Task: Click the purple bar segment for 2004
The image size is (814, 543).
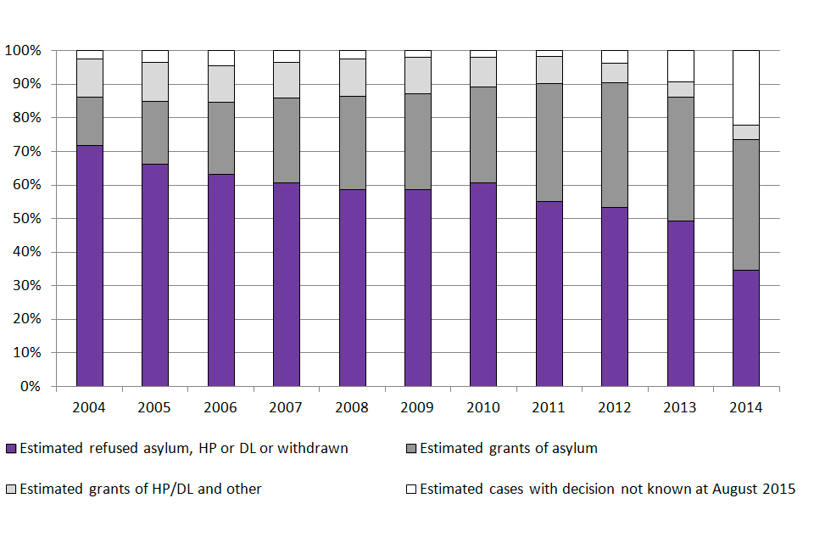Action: point(89,266)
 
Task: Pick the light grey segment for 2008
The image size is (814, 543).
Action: point(352,77)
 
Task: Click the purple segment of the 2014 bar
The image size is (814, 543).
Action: point(745,327)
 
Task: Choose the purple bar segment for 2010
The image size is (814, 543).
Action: point(483,284)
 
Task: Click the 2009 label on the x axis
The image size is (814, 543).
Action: point(417,407)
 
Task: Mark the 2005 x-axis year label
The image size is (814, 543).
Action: point(154,407)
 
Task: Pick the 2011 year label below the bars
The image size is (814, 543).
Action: point(549,407)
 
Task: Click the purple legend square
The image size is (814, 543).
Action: point(11,449)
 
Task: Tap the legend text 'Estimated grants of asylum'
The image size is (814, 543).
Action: point(508,448)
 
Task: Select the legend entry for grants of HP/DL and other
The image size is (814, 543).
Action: point(140,489)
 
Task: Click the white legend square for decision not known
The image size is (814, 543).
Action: point(411,490)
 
